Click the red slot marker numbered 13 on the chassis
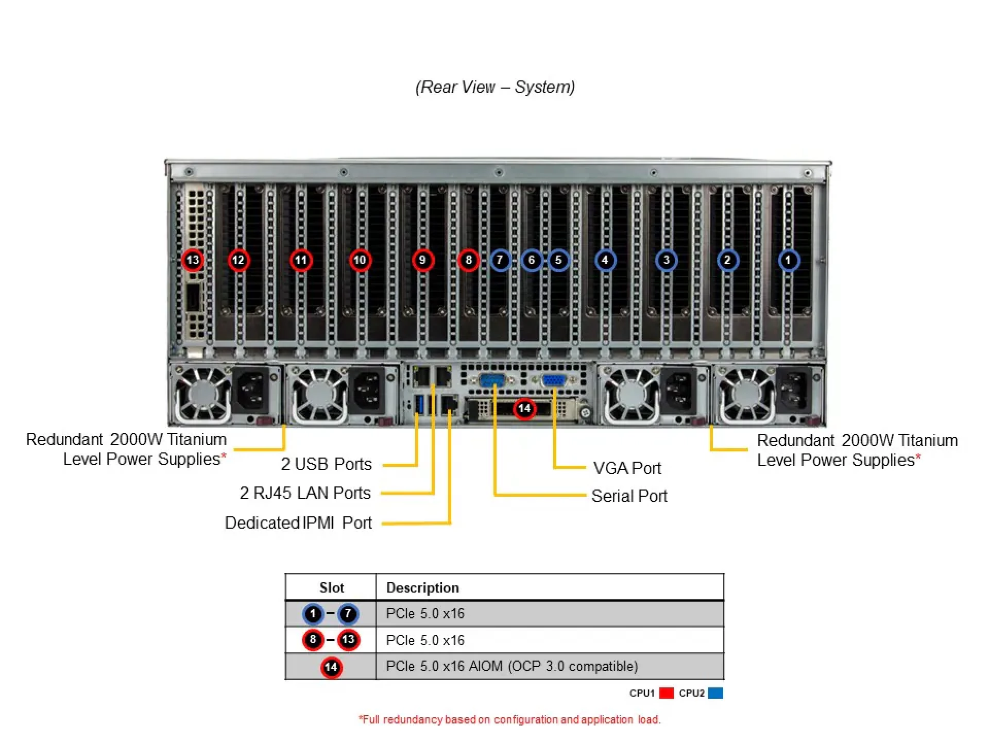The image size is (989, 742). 193,260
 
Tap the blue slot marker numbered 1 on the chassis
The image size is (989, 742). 788,260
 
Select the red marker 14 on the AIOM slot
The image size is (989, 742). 524,409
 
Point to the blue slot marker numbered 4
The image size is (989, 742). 605,260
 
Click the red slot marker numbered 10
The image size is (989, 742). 360,260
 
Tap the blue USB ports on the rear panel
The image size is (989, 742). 419,404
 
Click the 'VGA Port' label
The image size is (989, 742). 627,468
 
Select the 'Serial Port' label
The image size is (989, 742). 629,496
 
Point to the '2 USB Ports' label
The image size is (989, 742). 326,464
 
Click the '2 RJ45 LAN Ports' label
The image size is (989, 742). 305,493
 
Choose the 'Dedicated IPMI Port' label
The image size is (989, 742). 298,522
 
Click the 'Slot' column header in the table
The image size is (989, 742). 331,587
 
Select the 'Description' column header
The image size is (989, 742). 422,587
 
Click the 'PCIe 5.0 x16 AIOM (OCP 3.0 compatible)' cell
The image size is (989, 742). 512,666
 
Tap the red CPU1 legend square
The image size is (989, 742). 667,693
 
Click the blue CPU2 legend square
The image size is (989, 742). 715,693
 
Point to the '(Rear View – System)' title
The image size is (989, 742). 495,87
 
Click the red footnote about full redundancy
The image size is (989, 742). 509,719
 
